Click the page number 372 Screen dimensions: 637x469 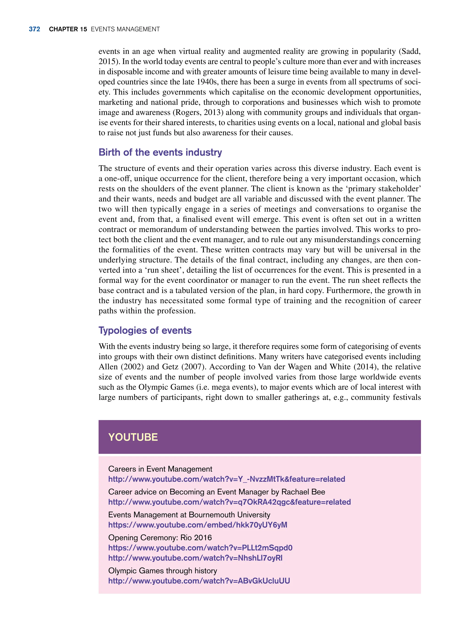point(34,29)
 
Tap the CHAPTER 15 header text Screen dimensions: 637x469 point(68,29)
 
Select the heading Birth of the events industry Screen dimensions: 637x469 point(160,152)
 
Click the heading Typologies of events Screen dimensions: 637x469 point(145,330)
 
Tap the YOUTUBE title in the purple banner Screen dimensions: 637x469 point(133,437)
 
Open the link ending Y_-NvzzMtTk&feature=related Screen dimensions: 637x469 point(226,479)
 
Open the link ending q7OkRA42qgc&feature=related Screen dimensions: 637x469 point(229,502)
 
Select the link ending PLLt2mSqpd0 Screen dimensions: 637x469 point(200,548)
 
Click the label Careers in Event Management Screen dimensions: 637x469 point(160,469)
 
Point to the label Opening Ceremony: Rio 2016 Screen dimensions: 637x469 point(160,537)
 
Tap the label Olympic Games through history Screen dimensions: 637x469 point(162,571)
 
